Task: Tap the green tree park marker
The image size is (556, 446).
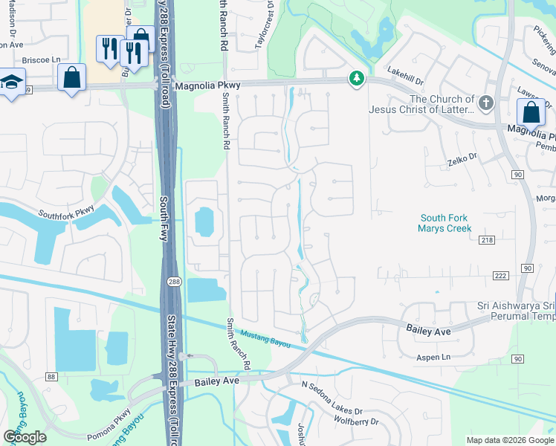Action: (x=357, y=78)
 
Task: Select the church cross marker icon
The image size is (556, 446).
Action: (x=486, y=103)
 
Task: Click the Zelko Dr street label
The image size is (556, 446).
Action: (x=462, y=158)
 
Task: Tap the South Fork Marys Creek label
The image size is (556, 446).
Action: (x=446, y=223)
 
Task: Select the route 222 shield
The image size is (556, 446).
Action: (x=500, y=276)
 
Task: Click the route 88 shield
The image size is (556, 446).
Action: (x=51, y=377)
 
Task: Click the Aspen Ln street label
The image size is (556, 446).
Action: (x=435, y=358)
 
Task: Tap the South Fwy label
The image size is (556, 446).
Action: (x=164, y=219)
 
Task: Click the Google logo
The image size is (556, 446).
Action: (x=25, y=437)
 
